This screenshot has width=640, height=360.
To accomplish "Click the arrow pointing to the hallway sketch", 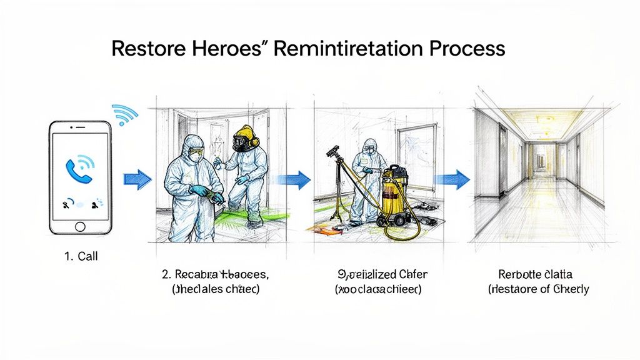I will tap(454, 179).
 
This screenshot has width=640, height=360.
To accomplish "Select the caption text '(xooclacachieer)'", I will tap(378, 289).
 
